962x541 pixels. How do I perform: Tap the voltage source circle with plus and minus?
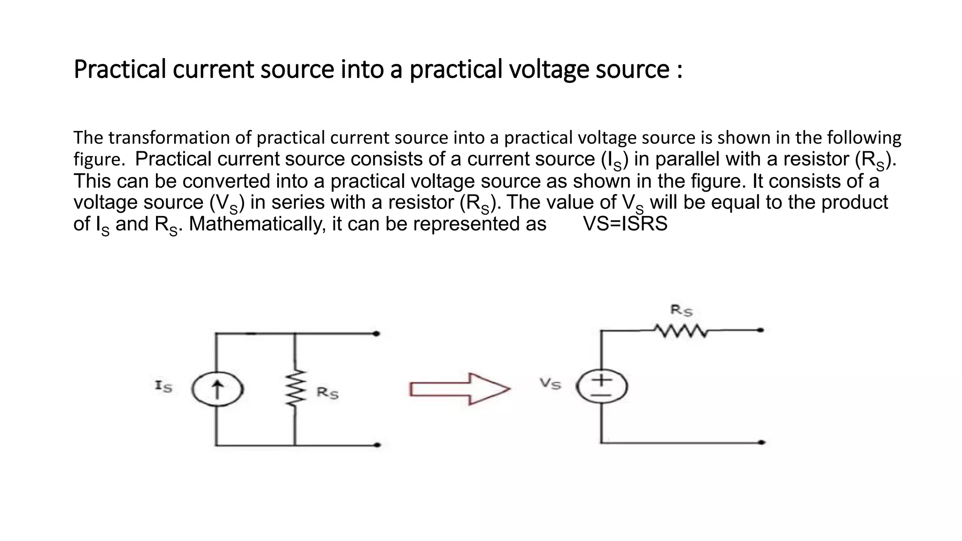point(602,386)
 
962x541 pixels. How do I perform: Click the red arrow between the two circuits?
point(459,389)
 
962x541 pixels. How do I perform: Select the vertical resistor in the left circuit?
point(295,388)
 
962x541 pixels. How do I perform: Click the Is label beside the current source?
point(163,386)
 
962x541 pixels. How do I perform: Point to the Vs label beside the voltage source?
point(550,384)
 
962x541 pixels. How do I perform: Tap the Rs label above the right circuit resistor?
point(681,310)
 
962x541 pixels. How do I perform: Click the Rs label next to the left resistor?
point(327,392)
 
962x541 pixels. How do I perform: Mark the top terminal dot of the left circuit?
point(376,334)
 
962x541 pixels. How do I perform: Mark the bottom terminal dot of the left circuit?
point(377,445)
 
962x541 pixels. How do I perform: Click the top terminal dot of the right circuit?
point(760,330)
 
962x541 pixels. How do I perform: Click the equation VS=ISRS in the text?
point(625,224)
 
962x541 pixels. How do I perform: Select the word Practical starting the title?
point(120,69)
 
